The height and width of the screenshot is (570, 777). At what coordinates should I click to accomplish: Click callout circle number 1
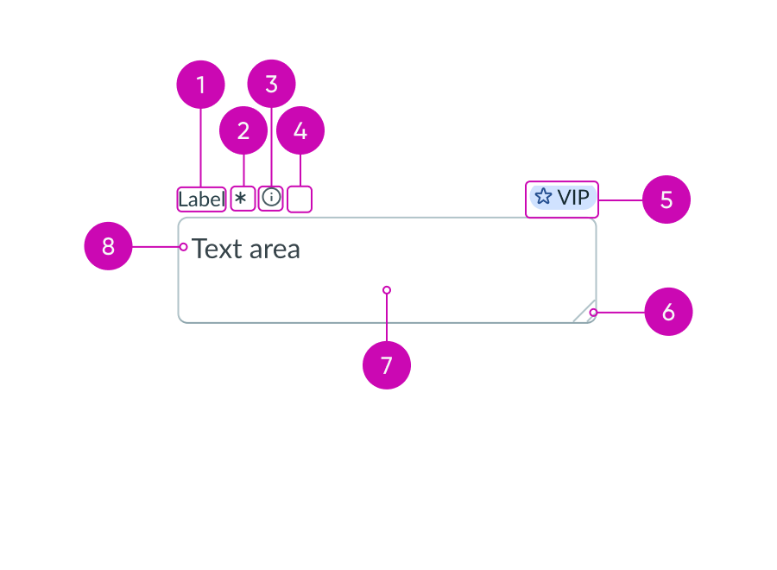201,85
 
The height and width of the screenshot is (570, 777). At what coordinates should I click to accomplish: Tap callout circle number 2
243,130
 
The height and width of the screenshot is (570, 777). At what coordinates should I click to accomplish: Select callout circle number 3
271,84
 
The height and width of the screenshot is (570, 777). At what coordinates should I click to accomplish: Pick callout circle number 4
300,130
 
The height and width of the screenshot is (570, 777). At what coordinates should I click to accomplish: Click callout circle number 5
666,199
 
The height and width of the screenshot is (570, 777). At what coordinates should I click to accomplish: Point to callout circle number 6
668,312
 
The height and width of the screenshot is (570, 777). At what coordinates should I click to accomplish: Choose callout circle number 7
387,365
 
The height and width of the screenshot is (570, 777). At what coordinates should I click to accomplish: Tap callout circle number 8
108,246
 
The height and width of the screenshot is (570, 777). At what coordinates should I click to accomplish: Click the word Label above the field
201,199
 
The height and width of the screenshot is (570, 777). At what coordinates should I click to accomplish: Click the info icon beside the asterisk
271,198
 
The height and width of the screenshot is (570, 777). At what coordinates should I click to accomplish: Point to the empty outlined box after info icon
300,199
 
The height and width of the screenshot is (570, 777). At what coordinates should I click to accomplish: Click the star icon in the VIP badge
543,197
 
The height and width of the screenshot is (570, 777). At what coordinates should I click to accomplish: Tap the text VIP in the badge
572,198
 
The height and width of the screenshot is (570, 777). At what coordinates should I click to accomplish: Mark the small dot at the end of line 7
387,290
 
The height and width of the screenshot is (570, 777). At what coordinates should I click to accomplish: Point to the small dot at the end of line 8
184,247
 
